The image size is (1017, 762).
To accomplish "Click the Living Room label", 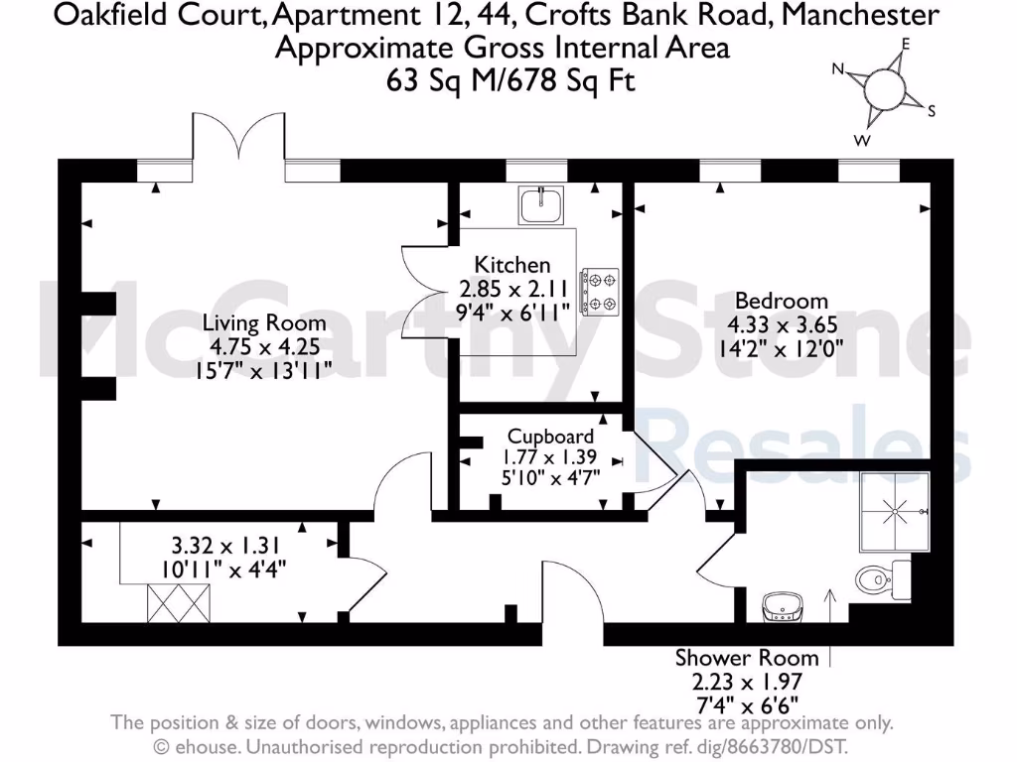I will point(263,322).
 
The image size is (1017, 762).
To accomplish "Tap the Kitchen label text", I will point(512,265).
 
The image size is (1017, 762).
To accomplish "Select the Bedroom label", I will point(781,301).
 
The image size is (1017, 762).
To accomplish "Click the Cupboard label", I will point(550,436).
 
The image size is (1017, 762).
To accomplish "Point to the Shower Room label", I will point(747,657).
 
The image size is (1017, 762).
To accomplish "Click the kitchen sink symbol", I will point(540,206).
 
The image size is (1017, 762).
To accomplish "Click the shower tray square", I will point(895,510).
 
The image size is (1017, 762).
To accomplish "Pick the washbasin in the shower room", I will point(783,605).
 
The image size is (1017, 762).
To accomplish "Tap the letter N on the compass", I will point(838,69).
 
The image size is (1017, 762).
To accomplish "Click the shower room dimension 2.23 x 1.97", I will point(747,682).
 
